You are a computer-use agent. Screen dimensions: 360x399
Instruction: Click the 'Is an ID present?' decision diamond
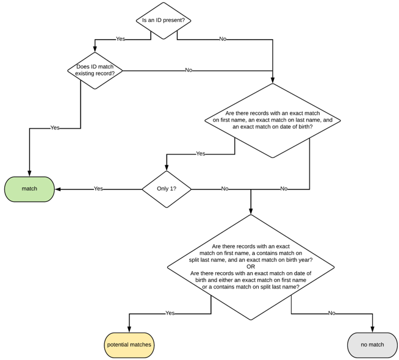[164, 21]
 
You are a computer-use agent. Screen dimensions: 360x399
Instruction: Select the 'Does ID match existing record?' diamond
[95, 70]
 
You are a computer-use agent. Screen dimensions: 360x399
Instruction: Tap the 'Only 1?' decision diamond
[167, 189]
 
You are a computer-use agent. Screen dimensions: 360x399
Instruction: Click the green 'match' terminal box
[29, 189]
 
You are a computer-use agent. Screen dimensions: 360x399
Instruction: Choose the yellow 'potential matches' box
[129, 345]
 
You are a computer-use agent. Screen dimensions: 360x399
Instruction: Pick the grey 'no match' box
[372, 345]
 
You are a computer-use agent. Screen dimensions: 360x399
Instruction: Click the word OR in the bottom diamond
[251, 266]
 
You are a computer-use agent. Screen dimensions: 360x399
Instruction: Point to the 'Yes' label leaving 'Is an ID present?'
[120, 39]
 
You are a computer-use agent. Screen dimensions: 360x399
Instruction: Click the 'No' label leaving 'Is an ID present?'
[223, 39]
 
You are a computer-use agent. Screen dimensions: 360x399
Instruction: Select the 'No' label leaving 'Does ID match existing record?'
[189, 70]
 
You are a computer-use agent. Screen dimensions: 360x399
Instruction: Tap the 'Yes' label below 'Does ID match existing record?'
[55, 128]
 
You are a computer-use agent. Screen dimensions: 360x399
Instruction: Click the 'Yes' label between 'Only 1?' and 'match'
[98, 189]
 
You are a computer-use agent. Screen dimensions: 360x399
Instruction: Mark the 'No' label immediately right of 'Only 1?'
[225, 189]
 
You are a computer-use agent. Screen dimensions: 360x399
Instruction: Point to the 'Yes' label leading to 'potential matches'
[170, 313]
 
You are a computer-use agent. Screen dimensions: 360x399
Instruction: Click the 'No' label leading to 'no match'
[331, 313]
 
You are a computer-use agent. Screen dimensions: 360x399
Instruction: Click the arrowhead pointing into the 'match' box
[58, 189]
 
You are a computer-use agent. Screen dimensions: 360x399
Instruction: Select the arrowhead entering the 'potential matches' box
[129, 329]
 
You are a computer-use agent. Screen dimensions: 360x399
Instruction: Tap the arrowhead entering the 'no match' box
[372, 329]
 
